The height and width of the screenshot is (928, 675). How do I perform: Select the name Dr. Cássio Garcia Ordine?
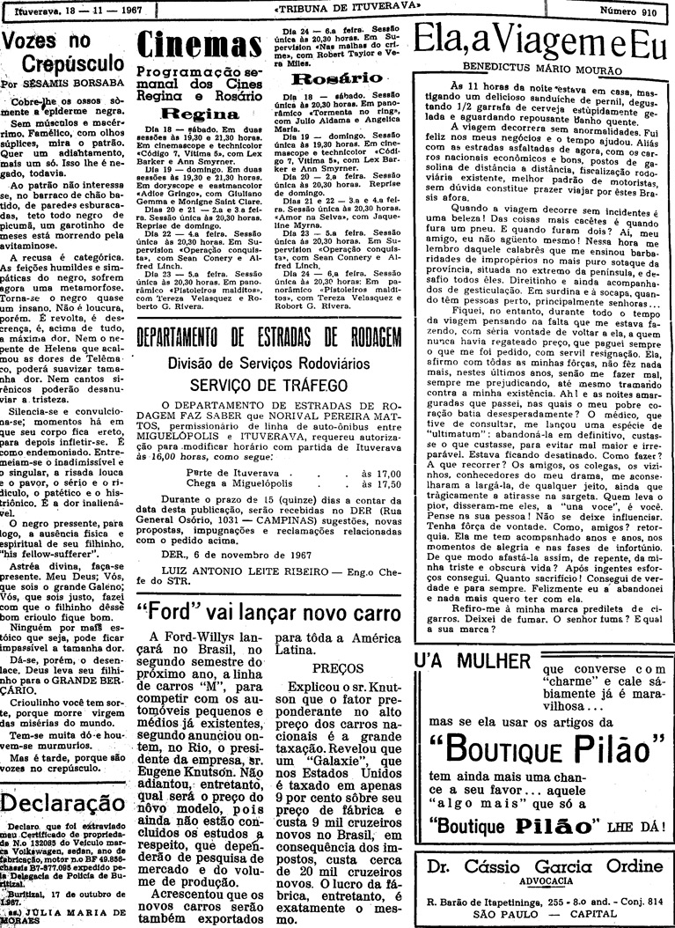pos(543,864)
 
